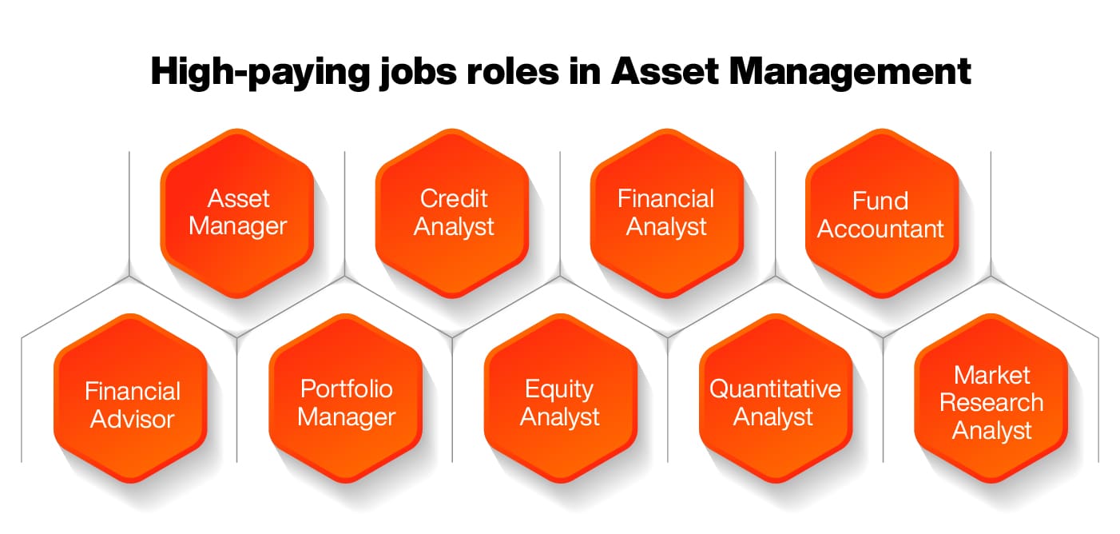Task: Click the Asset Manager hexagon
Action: [x=237, y=213]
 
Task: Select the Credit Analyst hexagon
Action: [x=453, y=213]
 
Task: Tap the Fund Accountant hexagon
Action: [x=881, y=213]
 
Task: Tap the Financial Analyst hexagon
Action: [x=666, y=213]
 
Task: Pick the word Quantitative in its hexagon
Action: [x=775, y=389]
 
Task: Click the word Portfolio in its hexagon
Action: [x=346, y=389]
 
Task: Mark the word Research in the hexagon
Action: [x=991, y=402]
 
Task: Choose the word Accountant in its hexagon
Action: [x=881, y=229]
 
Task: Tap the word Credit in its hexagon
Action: [x=453, y=198]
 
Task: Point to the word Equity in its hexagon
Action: [x=559, y=389]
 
